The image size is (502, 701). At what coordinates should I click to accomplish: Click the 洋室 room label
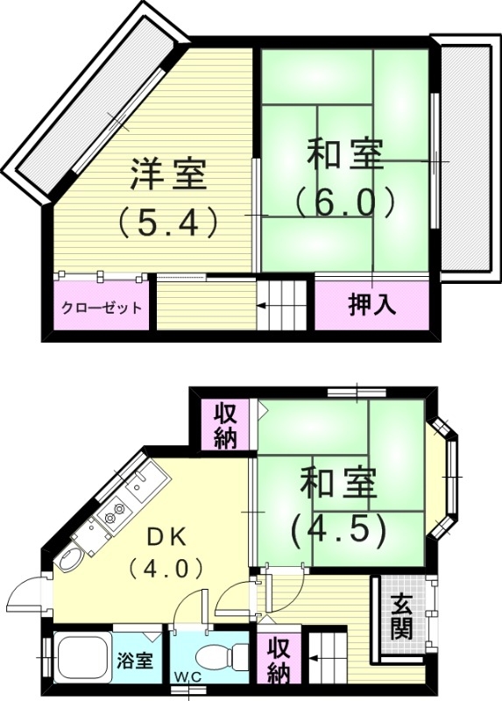coord(168,173)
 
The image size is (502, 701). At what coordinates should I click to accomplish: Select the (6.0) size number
coord(344,202)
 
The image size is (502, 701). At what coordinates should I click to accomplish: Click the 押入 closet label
coord(372,305)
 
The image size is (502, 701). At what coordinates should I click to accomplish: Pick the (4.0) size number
coord(166,568)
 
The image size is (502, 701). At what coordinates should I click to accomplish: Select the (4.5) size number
coord(339,528)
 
